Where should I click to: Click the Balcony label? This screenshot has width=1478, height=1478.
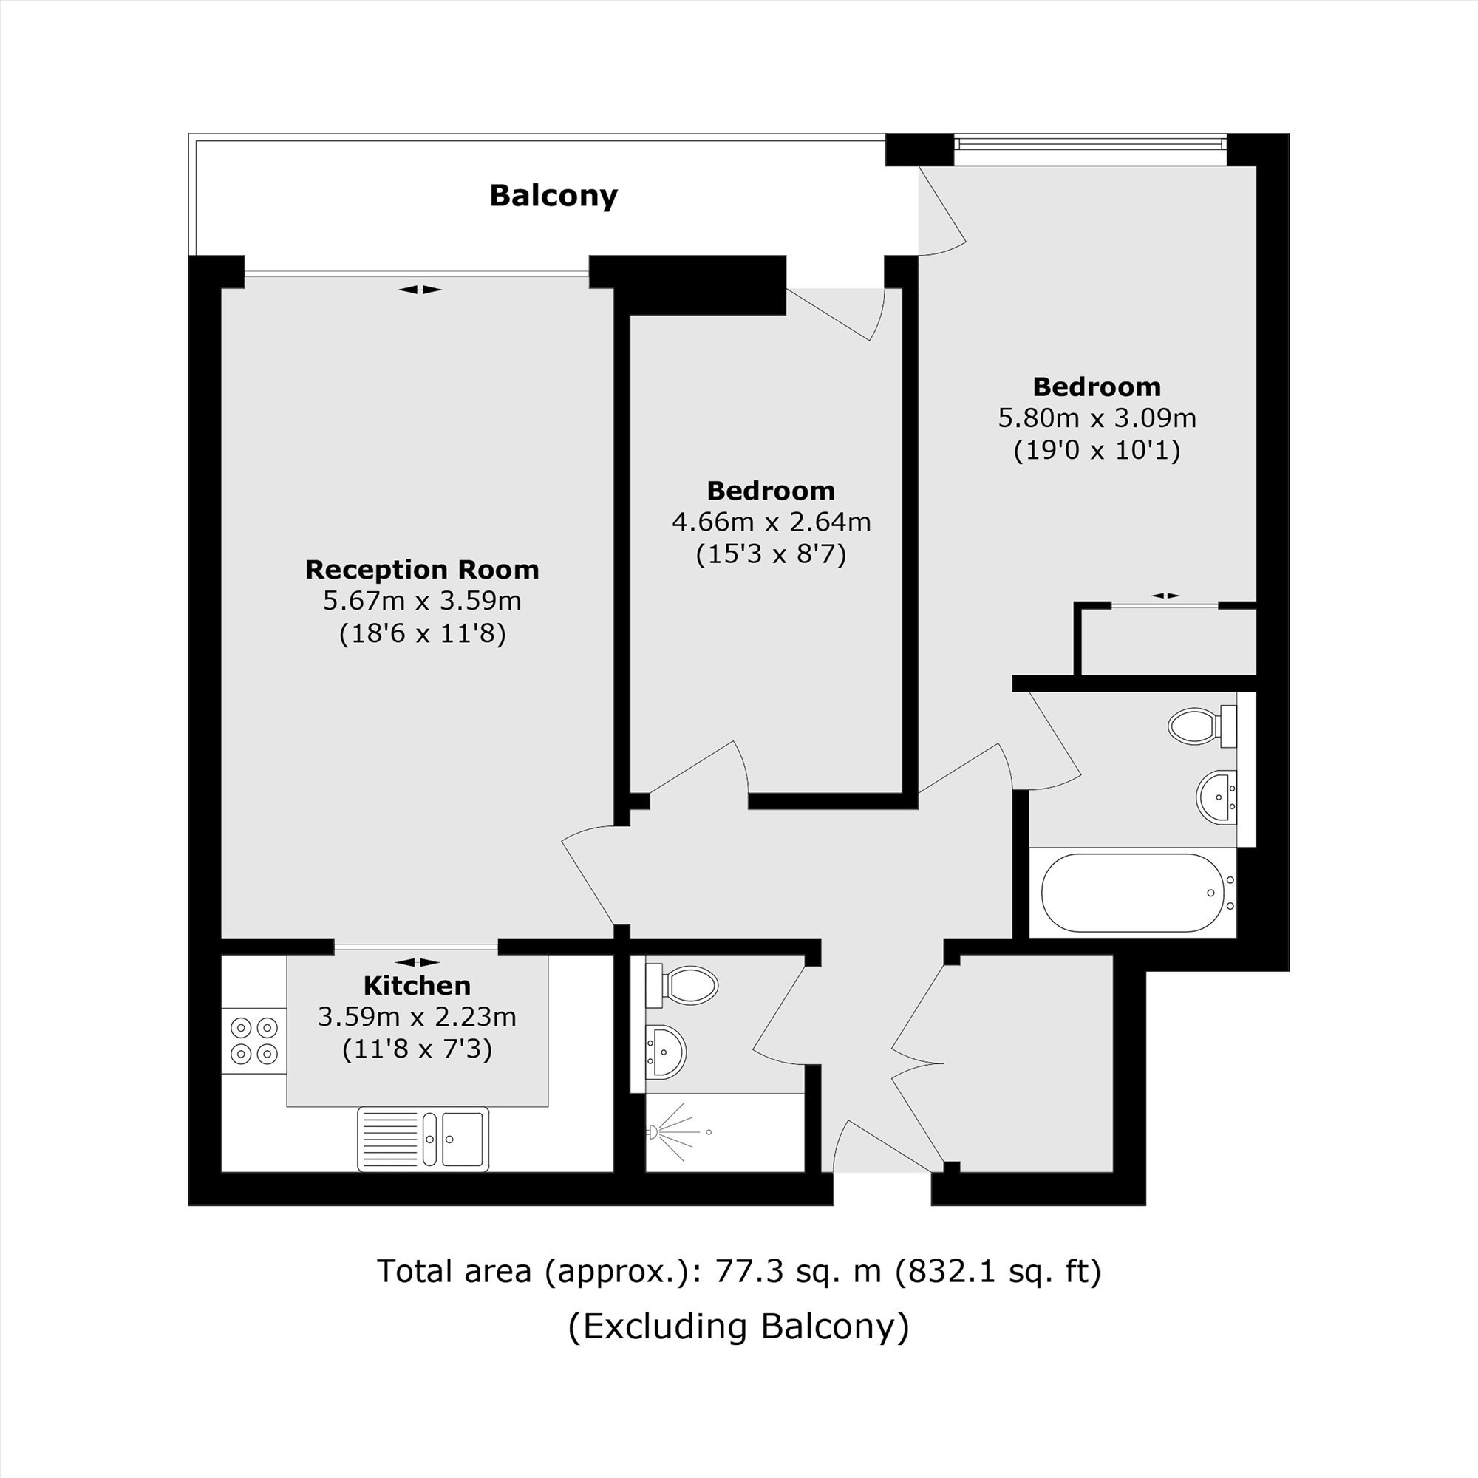tap(553, 196)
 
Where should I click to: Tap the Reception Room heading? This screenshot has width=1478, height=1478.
tap(422, 570)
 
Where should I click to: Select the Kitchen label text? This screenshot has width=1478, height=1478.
tap(417, 985)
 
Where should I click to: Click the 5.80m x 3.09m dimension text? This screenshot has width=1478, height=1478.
tap(1097, 418)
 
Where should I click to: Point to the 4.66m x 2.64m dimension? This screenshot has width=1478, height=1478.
tap(771, 522)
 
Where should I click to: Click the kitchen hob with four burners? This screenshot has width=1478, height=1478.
tap(254, 1041)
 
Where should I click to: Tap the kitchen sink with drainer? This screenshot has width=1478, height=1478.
tap(423, 1139)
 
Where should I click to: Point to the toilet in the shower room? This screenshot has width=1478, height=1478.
tap(681, 985)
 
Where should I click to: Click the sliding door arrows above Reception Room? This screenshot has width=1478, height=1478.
tap(420, 289)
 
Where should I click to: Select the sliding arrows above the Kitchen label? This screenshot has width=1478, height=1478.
tap(418, 961)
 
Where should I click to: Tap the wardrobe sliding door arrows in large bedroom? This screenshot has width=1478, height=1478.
tap(1165, 595)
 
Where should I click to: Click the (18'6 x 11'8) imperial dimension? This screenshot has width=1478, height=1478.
tap(422, 633)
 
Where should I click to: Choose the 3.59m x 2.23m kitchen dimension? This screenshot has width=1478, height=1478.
tap(417, 1018)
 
